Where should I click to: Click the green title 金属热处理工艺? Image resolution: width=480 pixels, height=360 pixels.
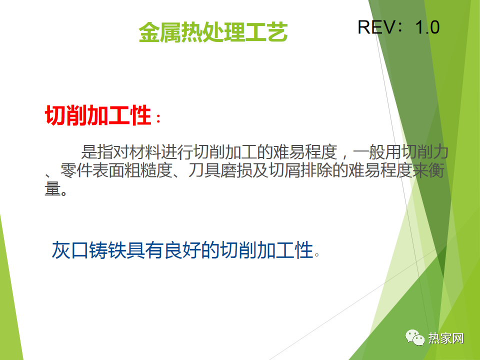click(213, 32)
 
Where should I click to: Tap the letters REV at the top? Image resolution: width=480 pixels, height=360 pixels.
click(376, 27)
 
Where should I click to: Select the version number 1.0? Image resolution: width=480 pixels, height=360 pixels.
click(427, 27)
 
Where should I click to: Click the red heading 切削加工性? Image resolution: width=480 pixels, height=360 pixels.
click(98, 115)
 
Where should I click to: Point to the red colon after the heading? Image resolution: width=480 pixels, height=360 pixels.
click(158, 118)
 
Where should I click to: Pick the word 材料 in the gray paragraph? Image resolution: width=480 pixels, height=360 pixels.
click(145, 152)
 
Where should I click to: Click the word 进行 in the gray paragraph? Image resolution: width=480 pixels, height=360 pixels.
click(177, 152)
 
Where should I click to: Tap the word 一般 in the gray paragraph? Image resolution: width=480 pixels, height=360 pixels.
click(369, 152)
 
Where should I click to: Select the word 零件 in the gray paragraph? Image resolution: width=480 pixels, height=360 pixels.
click(76, 170)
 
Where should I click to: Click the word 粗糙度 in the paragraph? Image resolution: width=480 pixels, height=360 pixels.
click(148, 170)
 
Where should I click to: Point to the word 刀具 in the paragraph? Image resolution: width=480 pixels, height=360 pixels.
click(204, 170)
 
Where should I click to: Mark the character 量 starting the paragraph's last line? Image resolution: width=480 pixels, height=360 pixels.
click(52, 188)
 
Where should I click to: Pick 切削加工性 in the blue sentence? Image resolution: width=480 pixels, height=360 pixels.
click(266, 250)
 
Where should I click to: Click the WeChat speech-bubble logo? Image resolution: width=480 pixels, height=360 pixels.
click(415, 337)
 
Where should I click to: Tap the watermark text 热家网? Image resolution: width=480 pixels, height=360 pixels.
click(446, 338)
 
